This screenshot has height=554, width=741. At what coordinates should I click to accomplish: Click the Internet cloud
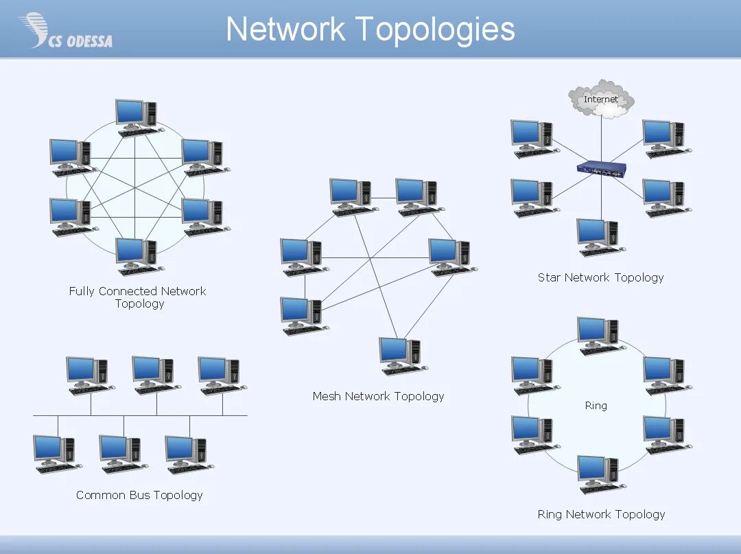[x=601, y=100]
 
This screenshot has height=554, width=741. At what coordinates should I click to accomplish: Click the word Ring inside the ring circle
[x=596, y=406]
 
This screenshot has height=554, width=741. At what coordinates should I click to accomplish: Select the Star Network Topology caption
[x=600, y=277]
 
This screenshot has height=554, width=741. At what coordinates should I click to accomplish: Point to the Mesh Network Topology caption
[x=378, y=396]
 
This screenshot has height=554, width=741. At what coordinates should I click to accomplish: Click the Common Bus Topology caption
[x=139, y=495]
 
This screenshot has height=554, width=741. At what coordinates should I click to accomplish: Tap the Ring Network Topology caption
[x=601, y=514]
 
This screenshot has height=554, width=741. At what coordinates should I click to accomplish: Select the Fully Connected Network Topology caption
[x=138, y=297]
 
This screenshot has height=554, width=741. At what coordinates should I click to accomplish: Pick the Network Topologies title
[x=370, y=30]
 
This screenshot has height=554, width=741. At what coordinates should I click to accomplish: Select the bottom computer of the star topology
[x=599, y=237]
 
